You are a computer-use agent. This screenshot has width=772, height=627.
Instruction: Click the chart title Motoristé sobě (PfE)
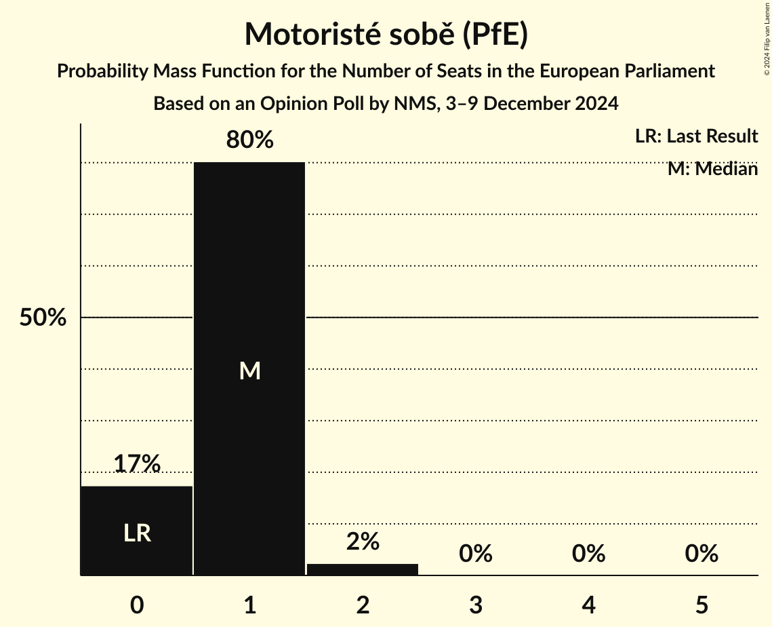(386, 34)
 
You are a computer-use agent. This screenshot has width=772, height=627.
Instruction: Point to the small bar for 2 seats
(363, 569)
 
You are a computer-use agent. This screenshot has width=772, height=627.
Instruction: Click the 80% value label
(249, 140)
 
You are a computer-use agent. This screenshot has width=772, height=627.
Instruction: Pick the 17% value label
(137, 464)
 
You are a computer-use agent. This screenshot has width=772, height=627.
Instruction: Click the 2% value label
(363, 541)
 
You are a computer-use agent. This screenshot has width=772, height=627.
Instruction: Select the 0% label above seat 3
(475, 554)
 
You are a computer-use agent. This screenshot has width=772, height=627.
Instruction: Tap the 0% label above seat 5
(701, 554)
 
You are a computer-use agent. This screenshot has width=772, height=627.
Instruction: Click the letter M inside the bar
(249, 370)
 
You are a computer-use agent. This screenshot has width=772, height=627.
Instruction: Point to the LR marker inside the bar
(137, 533)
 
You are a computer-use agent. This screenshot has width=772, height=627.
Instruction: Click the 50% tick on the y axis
(43, 318)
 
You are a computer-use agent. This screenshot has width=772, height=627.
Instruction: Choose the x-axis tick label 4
(588, 605)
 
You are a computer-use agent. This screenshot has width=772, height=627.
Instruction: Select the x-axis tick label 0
(137, 605)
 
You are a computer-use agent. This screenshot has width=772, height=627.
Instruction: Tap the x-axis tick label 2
(363, 605)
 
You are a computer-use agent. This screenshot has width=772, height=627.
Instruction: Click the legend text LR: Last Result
(696, 136)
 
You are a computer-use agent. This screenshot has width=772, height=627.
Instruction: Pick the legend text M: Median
(712, 169)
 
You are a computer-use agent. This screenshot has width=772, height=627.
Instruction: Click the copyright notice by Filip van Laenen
(767, 37)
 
